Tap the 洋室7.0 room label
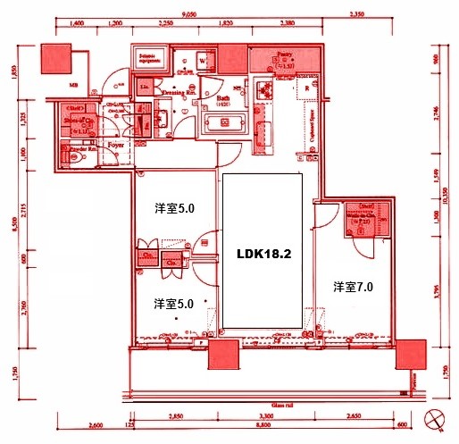353,287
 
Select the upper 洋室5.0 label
174,208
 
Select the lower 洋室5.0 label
174,303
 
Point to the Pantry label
285,54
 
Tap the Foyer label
115,143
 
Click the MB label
74,88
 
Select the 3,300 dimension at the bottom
266,417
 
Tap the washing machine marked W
203,61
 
